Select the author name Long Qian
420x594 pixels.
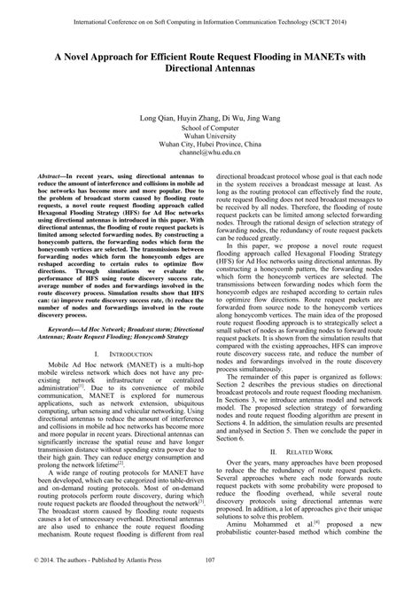click(155, 117)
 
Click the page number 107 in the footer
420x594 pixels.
click(209, 583)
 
